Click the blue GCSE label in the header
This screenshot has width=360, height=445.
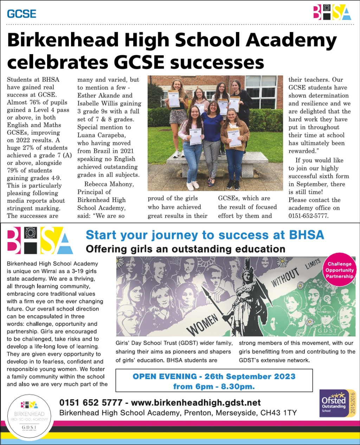21,14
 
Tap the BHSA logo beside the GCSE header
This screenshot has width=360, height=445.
332,12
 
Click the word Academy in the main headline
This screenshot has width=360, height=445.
291,40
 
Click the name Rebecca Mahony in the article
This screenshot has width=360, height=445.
109,184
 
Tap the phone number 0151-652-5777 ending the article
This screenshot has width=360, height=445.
308,215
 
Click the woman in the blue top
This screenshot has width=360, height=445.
212,137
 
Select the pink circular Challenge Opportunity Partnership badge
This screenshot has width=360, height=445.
339,270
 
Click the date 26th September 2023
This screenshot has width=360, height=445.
250,376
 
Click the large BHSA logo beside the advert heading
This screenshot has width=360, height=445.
40,241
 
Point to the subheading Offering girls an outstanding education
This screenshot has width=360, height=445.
185,249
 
